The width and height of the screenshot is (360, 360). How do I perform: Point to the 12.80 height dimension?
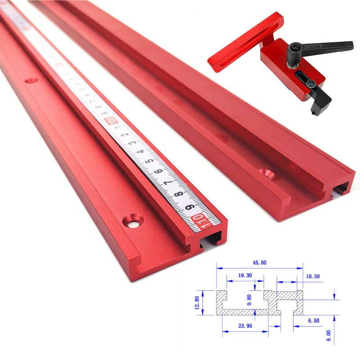click(x=197, y=302)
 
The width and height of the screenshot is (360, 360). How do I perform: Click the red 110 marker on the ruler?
click(x=198, y=220)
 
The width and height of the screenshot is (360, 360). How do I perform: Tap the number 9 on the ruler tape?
click(x=189, y=207)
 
